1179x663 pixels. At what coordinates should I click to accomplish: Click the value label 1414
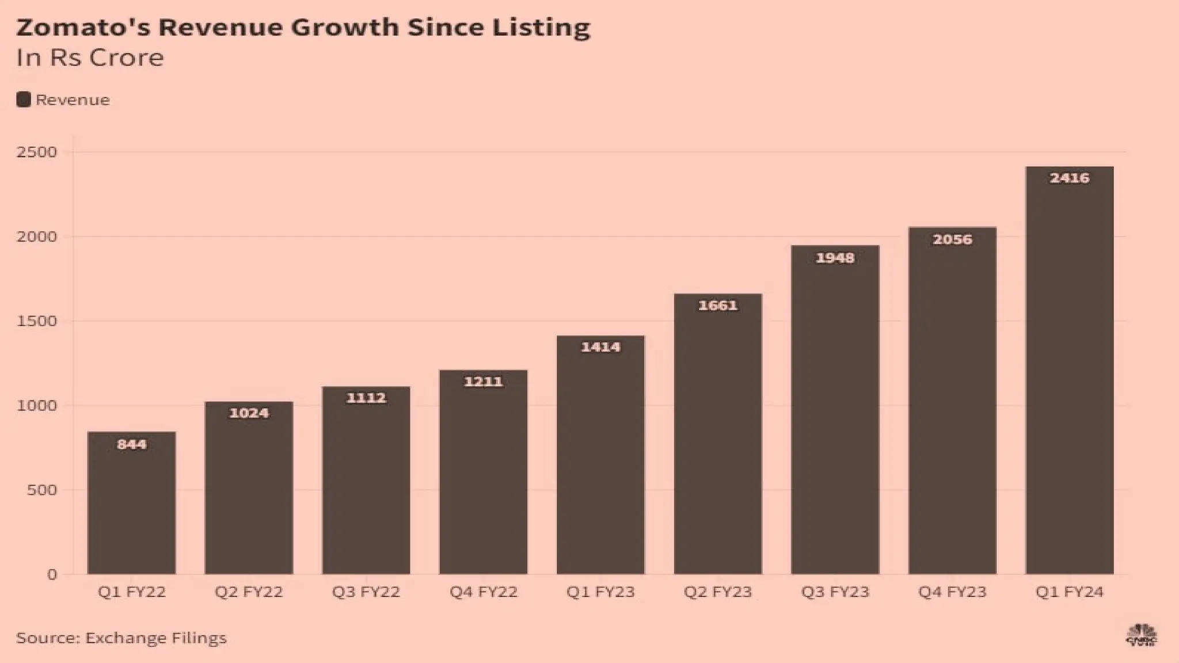pyautogui.click(x=600, y=347)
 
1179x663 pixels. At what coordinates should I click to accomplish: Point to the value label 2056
pyautogui.click(x=952, y=239)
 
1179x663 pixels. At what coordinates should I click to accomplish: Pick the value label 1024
pyautogui.click(x=249, y=413)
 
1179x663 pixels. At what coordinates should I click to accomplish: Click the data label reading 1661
pyautogui.click(x=718, y=306)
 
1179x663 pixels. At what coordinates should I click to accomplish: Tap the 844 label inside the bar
pyautogui.click(x=131, y=444)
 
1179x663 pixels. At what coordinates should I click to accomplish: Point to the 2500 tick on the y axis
pyautogui.click(x=37, y=152)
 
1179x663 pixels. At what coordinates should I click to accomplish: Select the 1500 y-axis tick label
pyautogui.click(x=37, y=321)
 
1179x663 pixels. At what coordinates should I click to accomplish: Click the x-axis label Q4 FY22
pyautogui.click(x=483, y=592)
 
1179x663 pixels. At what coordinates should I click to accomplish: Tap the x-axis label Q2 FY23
pyautogui.click(x=718, y=592)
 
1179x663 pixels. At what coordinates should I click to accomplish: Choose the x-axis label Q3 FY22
pyautogui.click(x=366, y=592)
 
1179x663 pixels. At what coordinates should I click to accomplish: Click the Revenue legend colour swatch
pyautogui.click(x=24, y=100)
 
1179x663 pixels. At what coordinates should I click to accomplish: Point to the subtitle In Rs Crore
pyautogui.click(x=90, y=58)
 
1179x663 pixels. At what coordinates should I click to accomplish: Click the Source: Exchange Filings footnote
pyautogui.click(x=121, y=638)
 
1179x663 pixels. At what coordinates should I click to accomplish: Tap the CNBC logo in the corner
pyautogui.click(x=1141, y=635)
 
